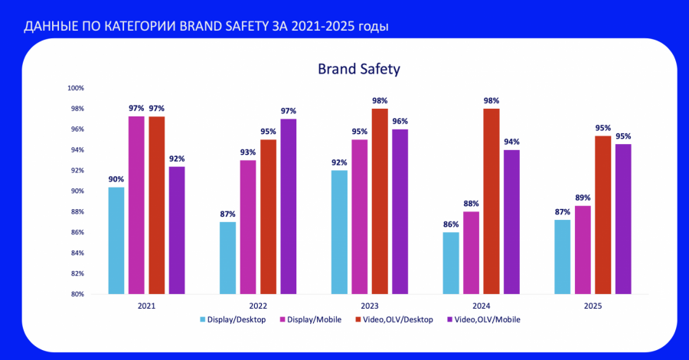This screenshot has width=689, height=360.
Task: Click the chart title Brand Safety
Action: (359, 69)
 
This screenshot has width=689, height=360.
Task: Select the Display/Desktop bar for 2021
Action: (116, 241)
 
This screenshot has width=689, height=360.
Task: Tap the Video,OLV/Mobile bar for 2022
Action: (288, 207)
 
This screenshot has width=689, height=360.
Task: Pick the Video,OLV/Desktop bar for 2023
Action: (380, 201)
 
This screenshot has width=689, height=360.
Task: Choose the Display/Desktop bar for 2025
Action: (563, 257)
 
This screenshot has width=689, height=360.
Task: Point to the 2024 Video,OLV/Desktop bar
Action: (491, 201)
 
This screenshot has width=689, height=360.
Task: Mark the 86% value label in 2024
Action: (451, 224)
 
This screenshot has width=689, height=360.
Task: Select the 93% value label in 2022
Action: (248, 152)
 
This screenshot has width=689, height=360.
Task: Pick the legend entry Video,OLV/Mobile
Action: (488, 319)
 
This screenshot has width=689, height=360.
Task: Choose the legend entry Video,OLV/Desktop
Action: (397, 319)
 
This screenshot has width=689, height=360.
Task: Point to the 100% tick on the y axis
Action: (76, 88)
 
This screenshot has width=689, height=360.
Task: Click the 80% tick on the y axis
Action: (77, 294)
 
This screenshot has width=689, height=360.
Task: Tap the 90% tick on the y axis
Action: (77, 191)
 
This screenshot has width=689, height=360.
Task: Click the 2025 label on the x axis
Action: (593, 306)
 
